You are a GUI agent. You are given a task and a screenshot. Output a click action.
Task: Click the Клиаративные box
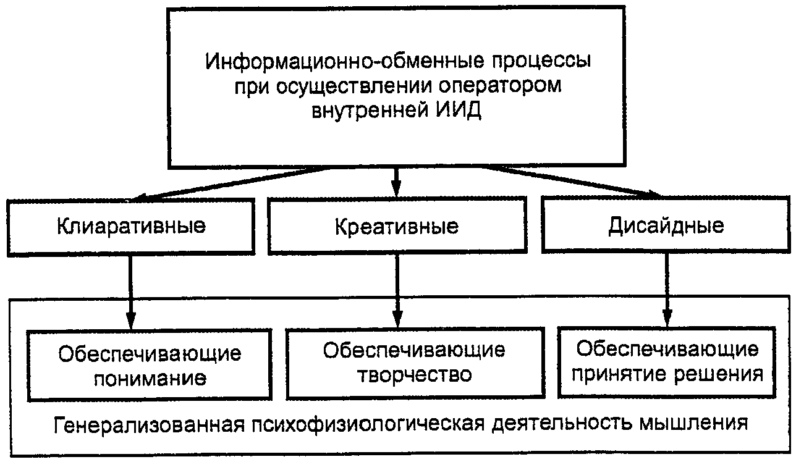[x=131, y=225]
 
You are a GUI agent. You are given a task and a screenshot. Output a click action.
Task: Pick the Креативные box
[x=397, y=227]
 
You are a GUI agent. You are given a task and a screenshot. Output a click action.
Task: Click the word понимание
[x=150, y=377]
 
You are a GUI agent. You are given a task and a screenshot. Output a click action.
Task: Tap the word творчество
[x=414, y=374]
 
